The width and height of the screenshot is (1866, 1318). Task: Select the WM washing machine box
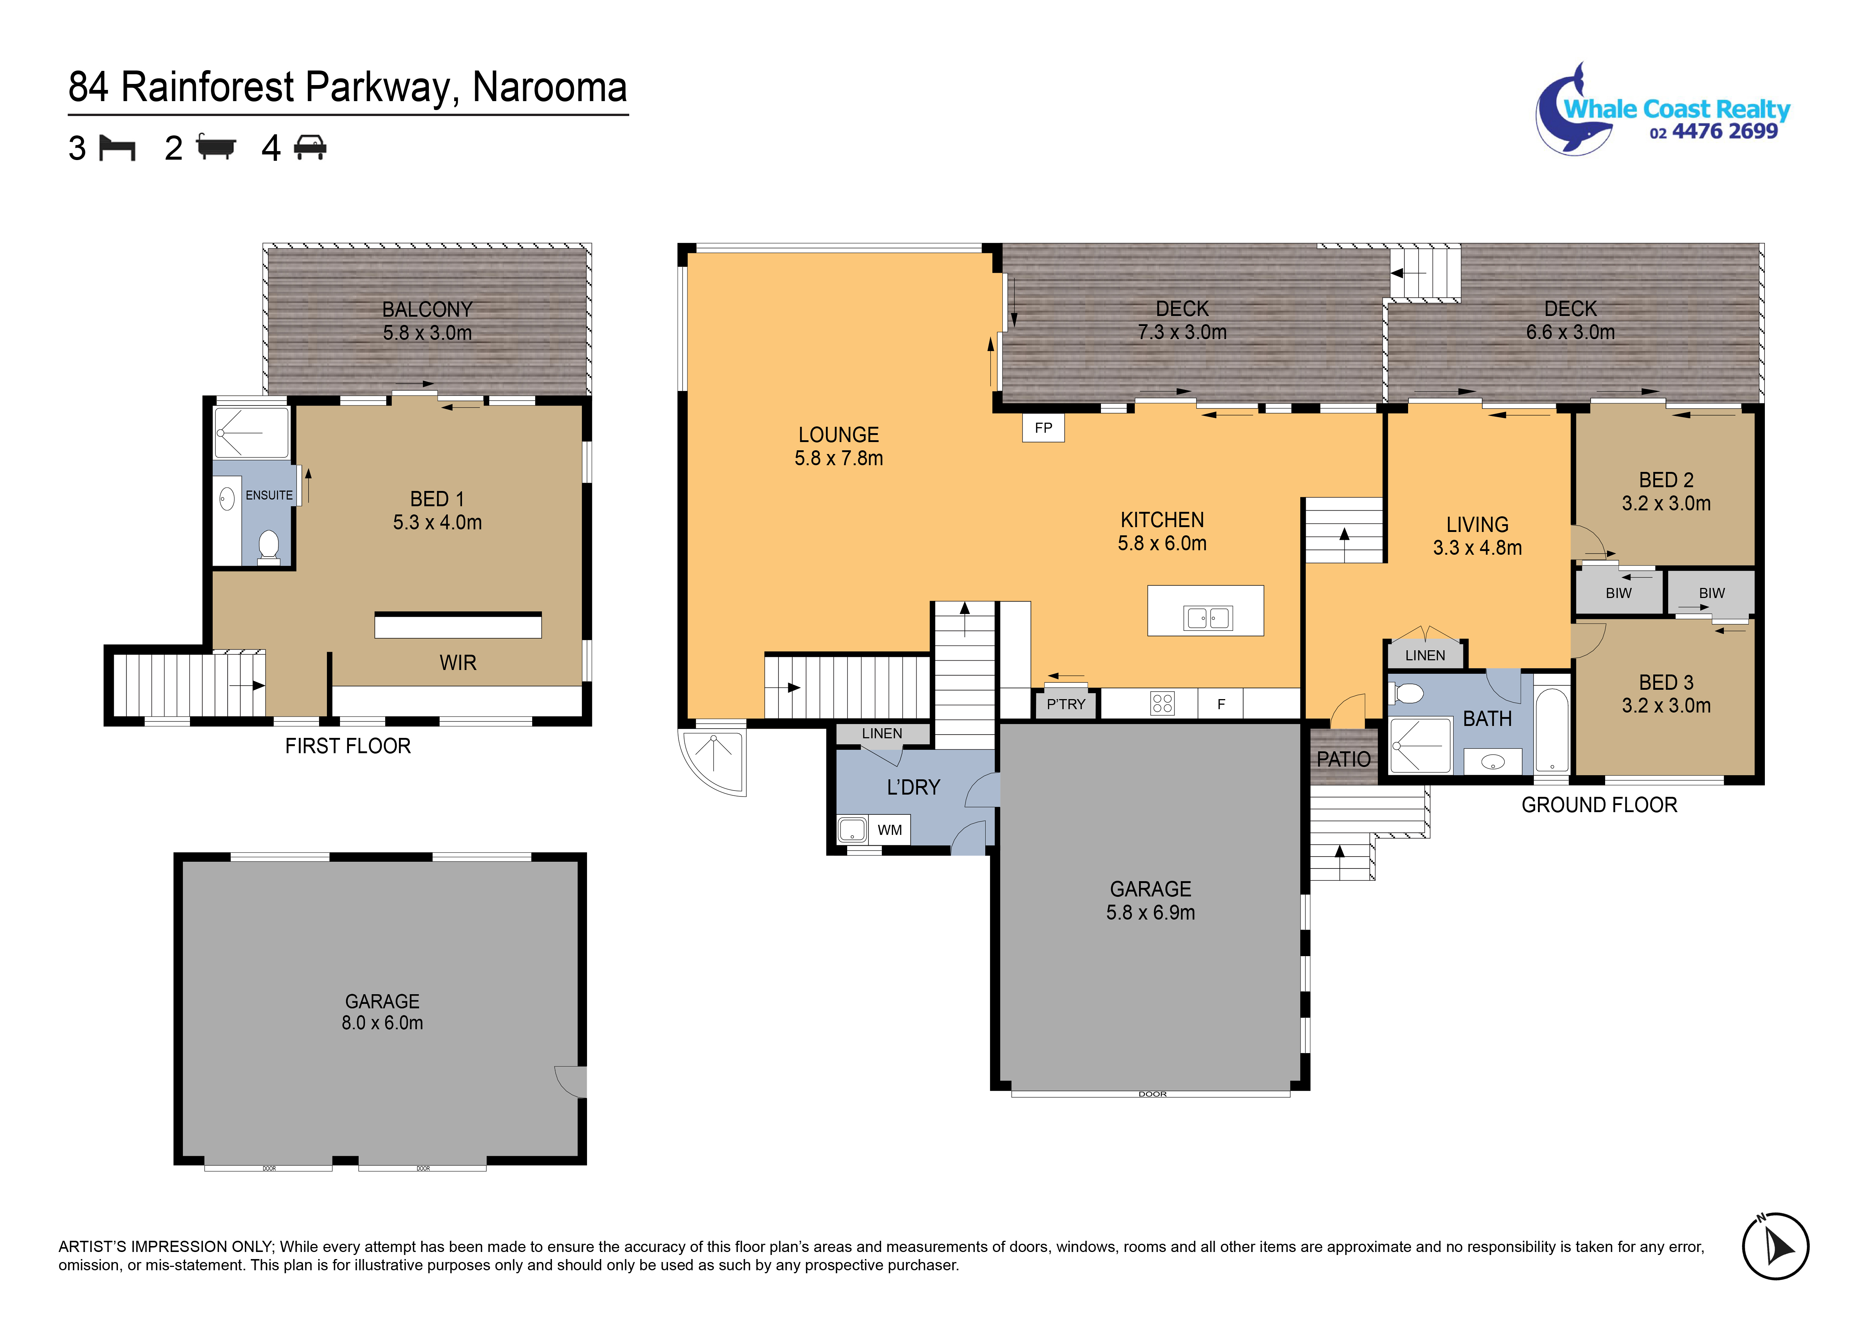(890, 830)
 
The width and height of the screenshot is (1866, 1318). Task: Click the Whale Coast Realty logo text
(1677, 109)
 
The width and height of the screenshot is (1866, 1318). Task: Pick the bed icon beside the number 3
(117, 148)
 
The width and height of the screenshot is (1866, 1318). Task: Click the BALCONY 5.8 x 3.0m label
(427, 321)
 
